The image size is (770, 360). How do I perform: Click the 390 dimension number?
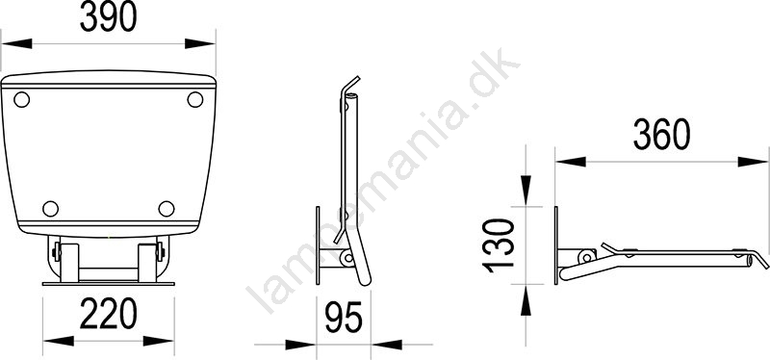[108, 17]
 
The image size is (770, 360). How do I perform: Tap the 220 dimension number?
[108, 314]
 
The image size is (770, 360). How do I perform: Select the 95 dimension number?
[344, 318]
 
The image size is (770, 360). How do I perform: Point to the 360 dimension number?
[661, 135]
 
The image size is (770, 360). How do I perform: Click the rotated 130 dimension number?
[499, 245]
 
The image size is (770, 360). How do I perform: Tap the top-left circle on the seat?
[21, 100]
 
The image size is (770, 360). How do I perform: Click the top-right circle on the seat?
[195, 100]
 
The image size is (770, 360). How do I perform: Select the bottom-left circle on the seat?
[51, 209]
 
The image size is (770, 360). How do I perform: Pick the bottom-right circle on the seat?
[167, 209]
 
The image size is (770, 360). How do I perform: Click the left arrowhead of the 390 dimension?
[16, 43]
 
